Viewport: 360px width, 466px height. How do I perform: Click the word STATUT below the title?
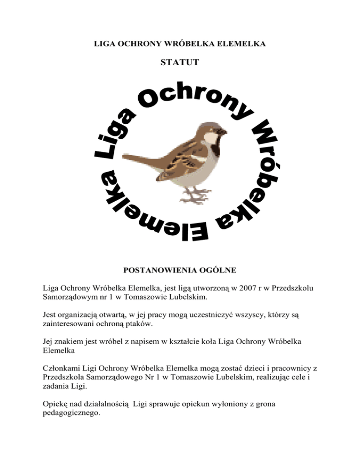coord(180,62)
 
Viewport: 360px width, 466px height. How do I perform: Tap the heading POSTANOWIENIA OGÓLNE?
coord(180,271)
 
